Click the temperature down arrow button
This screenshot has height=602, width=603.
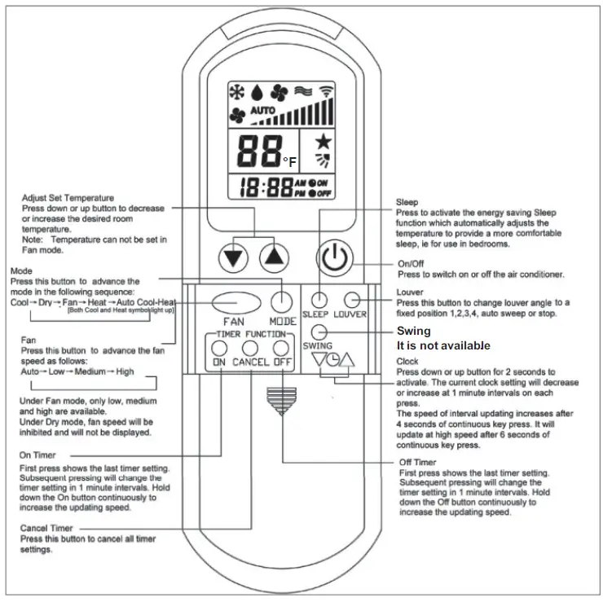(235, 258)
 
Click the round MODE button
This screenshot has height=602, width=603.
(282, 301)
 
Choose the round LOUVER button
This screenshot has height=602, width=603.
(352, 299)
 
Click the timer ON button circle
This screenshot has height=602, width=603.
(220, 349)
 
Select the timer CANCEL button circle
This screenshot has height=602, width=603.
(251, 349)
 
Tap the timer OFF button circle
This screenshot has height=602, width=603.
(282, 349)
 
